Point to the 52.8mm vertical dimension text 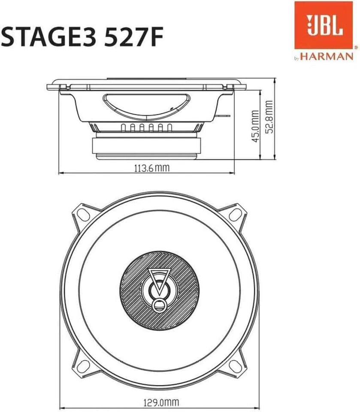point(269,117)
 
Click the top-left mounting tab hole point(82,212)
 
